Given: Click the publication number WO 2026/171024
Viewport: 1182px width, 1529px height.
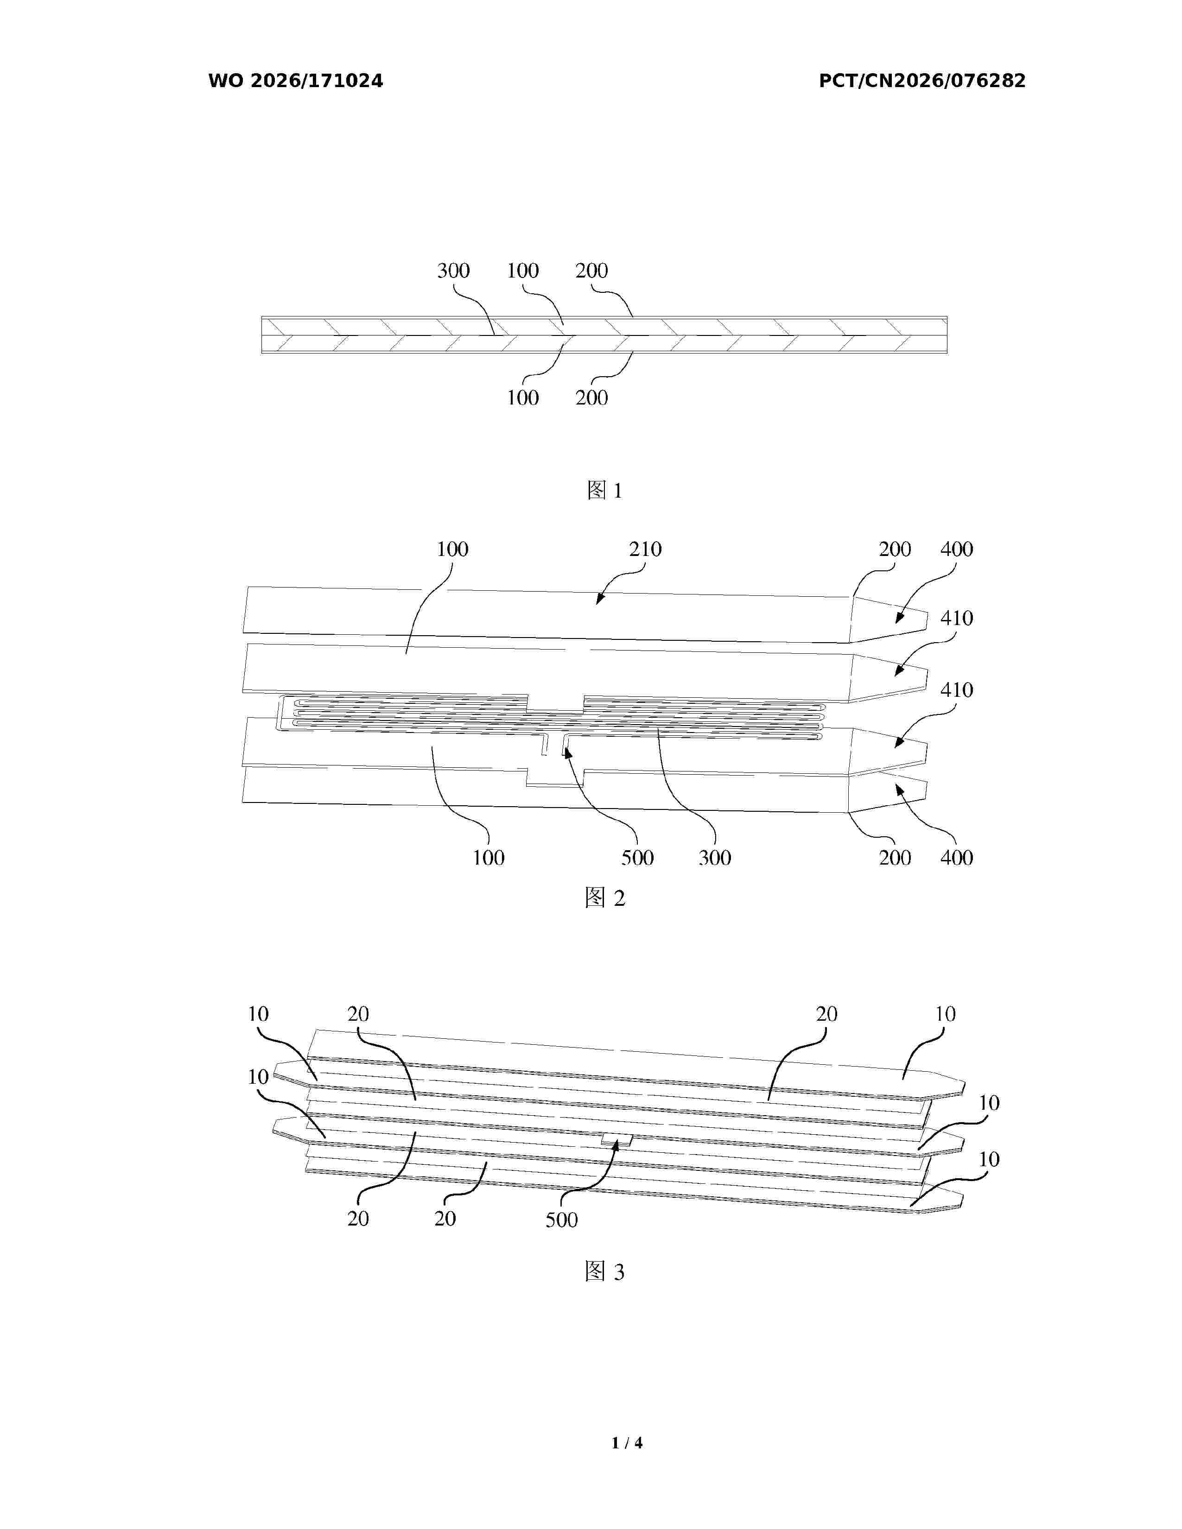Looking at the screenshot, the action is point(296,81).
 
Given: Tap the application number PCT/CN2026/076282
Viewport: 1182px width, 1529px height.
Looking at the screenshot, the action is point(922,81).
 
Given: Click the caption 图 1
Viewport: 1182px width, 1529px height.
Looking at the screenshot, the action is point(604,490).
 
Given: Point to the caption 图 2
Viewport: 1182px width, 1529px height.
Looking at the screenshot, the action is point(604,897).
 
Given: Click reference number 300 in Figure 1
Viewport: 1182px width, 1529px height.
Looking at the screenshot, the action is point(453,271).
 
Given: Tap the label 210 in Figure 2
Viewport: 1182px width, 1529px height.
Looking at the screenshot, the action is point(645,550).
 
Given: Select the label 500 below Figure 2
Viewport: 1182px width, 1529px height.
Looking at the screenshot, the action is point(637,858).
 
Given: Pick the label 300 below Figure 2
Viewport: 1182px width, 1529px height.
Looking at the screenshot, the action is point(715,858).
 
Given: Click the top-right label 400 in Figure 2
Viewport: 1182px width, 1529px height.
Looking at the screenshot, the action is point(957,550).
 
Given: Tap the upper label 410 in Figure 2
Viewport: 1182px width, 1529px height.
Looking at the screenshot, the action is point(957,618).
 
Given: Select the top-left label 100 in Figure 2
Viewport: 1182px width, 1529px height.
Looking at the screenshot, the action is point(452,550).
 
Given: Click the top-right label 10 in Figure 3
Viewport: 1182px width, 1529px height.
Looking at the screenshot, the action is point(945,1014).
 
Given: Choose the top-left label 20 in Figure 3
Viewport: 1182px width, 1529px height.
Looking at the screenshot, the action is point(358,1014).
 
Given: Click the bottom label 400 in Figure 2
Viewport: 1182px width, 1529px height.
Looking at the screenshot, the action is point(957,858).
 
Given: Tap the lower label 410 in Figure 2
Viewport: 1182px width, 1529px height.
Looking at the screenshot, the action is point(957,690).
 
